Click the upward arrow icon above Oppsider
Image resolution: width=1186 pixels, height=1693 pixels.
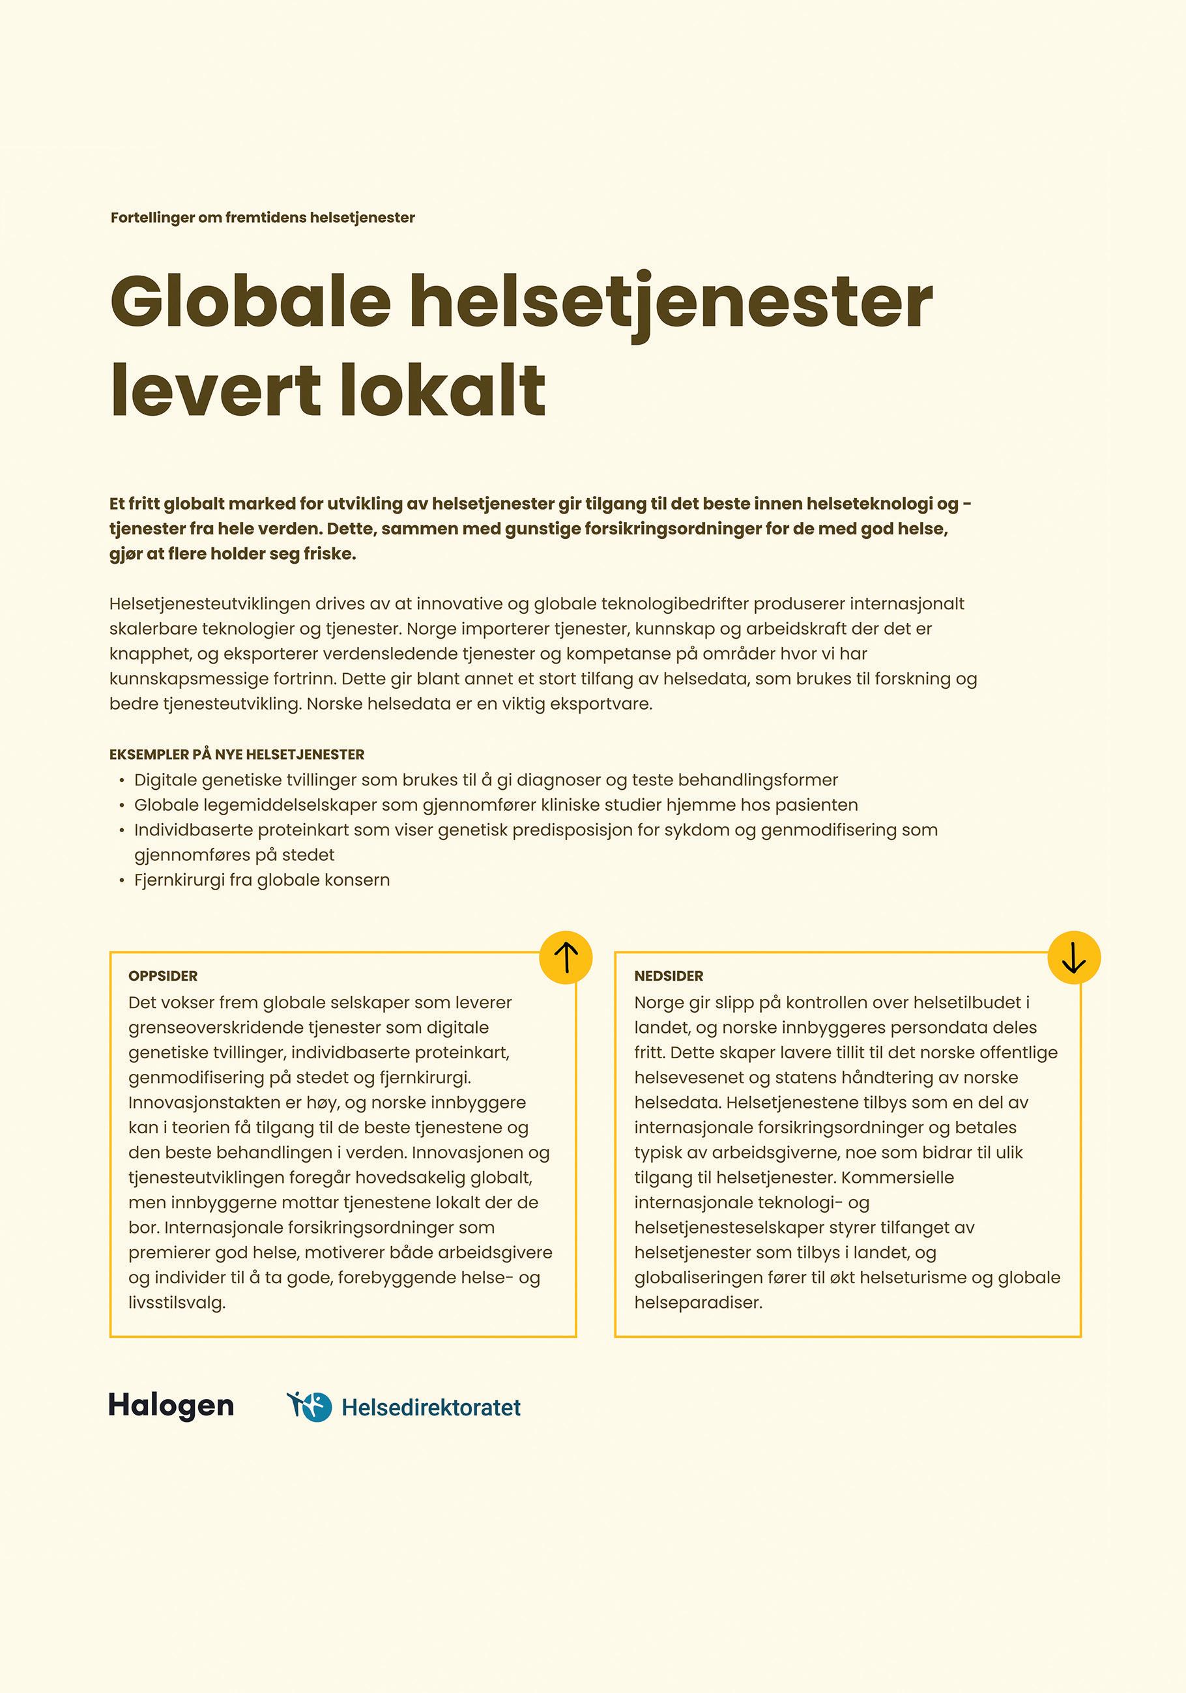point(566,957)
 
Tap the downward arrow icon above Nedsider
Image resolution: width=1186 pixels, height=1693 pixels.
point(1074,957)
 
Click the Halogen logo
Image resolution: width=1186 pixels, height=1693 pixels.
point(171,1406)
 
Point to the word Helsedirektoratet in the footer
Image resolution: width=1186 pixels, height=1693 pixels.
point(431,1407)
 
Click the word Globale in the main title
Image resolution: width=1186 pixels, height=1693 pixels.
point(251,302)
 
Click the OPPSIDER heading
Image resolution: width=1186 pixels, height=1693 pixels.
point(163,976)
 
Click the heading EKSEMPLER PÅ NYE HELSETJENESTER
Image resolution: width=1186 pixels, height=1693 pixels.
point(237,755)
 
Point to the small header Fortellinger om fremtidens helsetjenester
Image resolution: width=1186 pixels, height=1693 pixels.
point(263,218)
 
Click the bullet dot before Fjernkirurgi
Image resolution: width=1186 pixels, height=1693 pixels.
point(122,880)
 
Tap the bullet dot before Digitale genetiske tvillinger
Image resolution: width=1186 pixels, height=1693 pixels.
point(122,780)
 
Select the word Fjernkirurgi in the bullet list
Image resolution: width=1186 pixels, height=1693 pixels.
point(179,880)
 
